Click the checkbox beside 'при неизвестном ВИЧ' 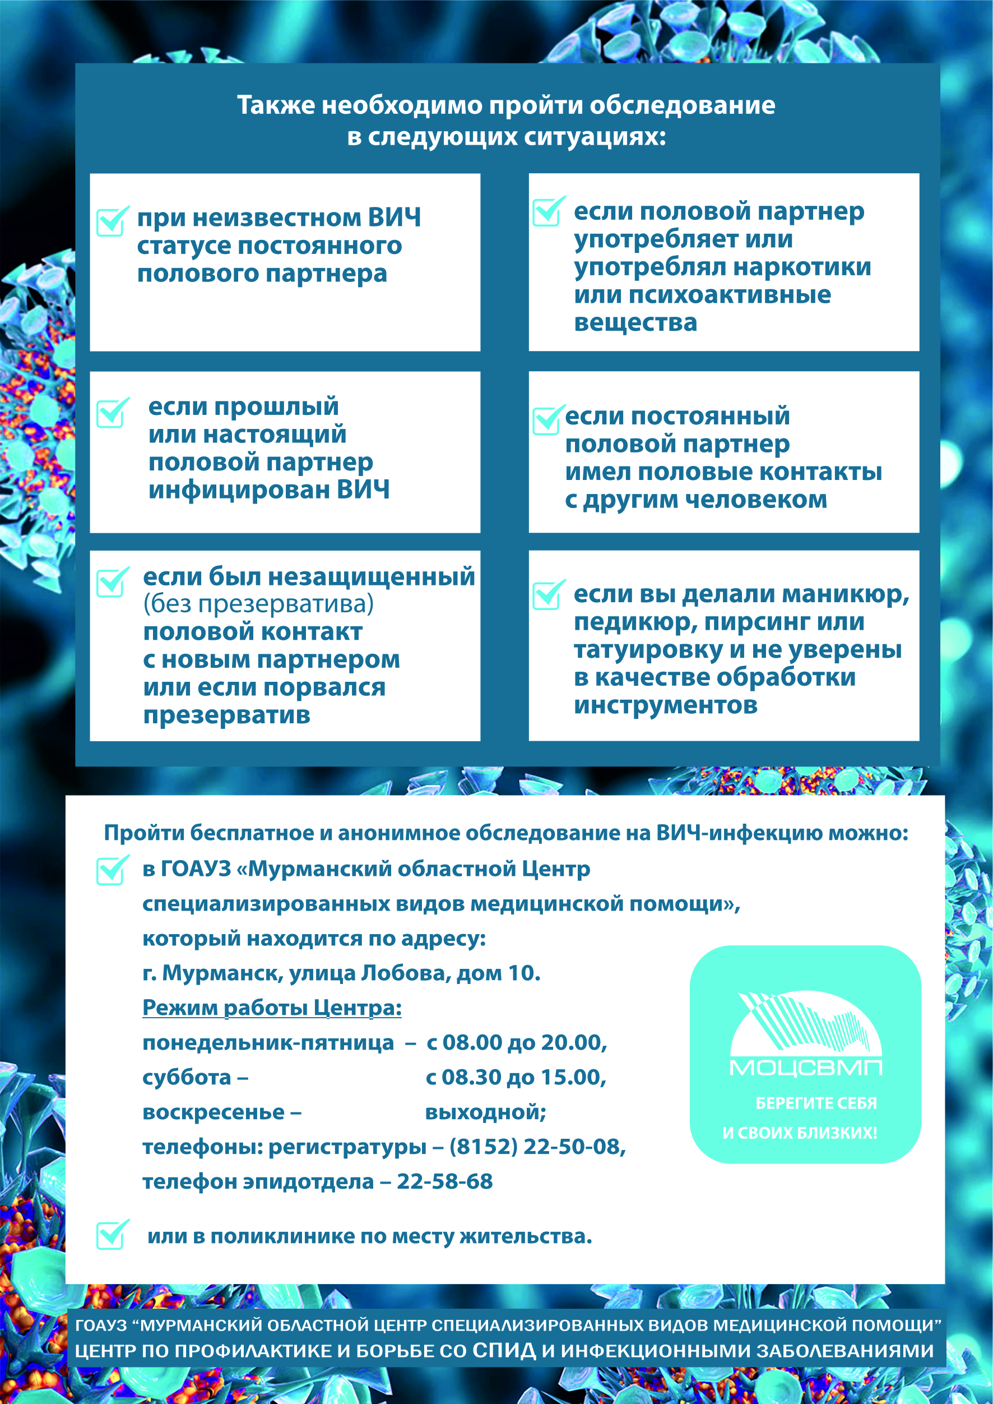[112, 223]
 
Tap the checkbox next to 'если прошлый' [112, 414]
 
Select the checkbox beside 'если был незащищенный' [112, 583]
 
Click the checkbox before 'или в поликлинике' [112, 1235]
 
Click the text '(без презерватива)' [258, 604]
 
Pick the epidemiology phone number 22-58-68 [444, 1181]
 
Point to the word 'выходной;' [485, 1111]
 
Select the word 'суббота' [187, 1077]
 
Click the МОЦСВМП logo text [805, 1068]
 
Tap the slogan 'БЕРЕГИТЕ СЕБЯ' [816, 1102]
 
